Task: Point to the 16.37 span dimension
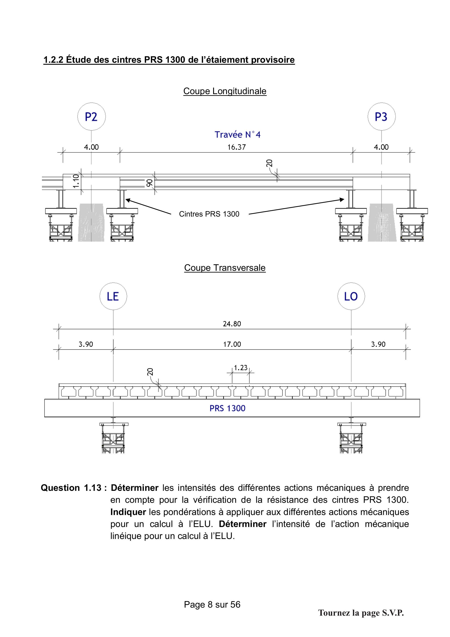point(236,147)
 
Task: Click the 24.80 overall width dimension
point(232,324)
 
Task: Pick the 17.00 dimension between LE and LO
point(232,344)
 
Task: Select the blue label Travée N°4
point(238,135)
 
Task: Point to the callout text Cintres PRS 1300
point(209,214)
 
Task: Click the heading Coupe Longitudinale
point(225,91)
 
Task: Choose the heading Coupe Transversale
point(225,268)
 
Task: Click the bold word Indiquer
point(128,512)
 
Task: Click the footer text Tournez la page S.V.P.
point(361,613)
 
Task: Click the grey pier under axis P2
point(91,222)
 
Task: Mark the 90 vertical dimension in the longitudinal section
point(149,183)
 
